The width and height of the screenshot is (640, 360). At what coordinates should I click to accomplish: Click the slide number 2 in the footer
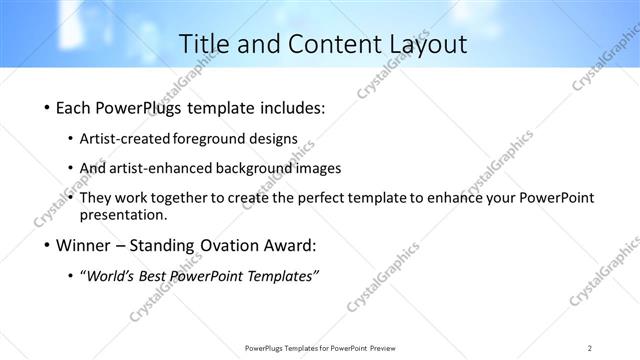pyautogui.click(x=590, y=348)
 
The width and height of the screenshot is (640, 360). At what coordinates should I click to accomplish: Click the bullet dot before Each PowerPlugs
pyautogui.click(x=48, y=107)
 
